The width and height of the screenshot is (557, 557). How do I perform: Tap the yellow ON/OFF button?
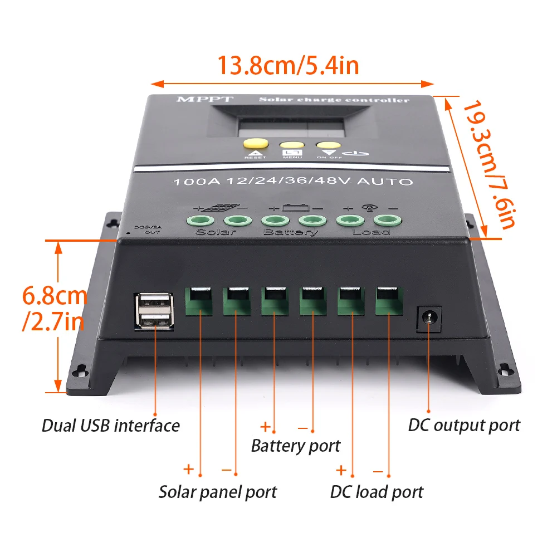tap(326, 146)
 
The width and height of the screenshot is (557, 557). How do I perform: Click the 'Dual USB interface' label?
tap(110, 426)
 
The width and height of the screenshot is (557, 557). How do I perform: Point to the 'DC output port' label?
tap(463, 426)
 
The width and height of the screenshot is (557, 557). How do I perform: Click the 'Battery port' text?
tap(295, 446)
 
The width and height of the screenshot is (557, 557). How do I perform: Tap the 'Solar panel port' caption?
tap(217, 492)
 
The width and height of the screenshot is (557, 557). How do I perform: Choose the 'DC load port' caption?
tap(377, 492)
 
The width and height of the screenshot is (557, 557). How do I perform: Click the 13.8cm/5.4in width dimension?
tap(287, 66)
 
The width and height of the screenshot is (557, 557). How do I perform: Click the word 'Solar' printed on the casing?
tap(216, 232)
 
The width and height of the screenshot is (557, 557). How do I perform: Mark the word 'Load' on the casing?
tap(371, 231)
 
